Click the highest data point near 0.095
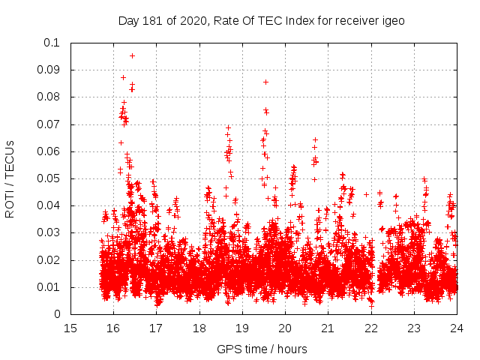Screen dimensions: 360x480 pyautogui.click(x=132, y=55)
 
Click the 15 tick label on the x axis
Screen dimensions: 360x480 pyautogui.click(x=70, y=328)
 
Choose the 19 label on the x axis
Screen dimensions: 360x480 pyautogui.click(x=242, y=328)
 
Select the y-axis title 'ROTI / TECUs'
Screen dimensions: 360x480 pyautogui.click(x=10, y=178)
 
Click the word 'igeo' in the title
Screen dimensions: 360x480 pyautogui.click(x=392, y=21)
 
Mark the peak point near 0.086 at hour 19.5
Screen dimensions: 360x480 pyautogui.click(x=265, y=82)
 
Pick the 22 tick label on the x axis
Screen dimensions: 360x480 pyautogui.click(x=370, y=328)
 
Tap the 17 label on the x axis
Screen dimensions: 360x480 pyautogui.click(x=156, y=328)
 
